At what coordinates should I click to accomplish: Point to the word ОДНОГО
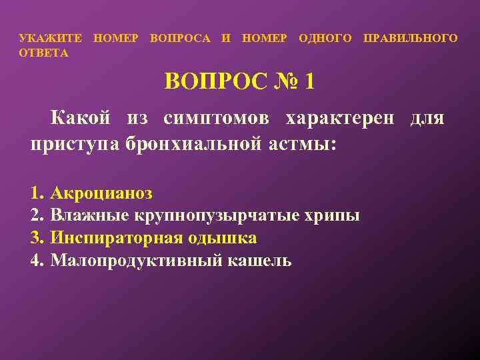(325, 39)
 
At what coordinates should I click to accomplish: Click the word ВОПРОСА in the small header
(181, 39)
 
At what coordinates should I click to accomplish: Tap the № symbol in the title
(282, 83)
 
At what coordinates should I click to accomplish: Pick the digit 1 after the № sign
(309, 83)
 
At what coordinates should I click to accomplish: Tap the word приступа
(75, 145)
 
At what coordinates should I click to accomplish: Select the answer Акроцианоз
(101, 194)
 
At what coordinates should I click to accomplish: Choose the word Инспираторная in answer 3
(106, 238)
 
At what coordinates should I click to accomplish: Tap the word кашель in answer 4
(266, 260)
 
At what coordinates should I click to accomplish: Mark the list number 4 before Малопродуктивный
(35, 260)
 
